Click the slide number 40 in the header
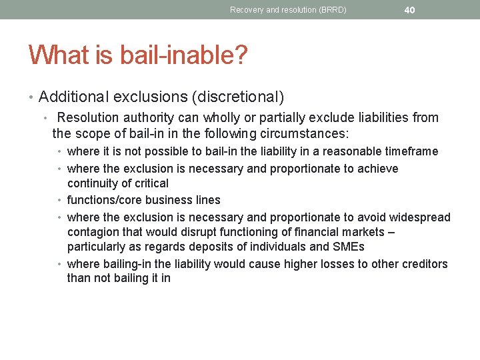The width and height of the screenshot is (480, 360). (x=409, y=9)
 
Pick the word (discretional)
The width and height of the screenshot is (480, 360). (x=238, y=97)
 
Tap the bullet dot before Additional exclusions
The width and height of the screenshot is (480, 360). (x=31, y=97)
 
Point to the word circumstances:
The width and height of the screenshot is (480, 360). (x=302, y=133)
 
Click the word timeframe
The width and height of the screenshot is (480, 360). (x=409, y=151)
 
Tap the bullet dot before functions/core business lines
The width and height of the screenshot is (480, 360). (x=61, y=200)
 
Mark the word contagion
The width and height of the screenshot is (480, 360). (x=93, y=232)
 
